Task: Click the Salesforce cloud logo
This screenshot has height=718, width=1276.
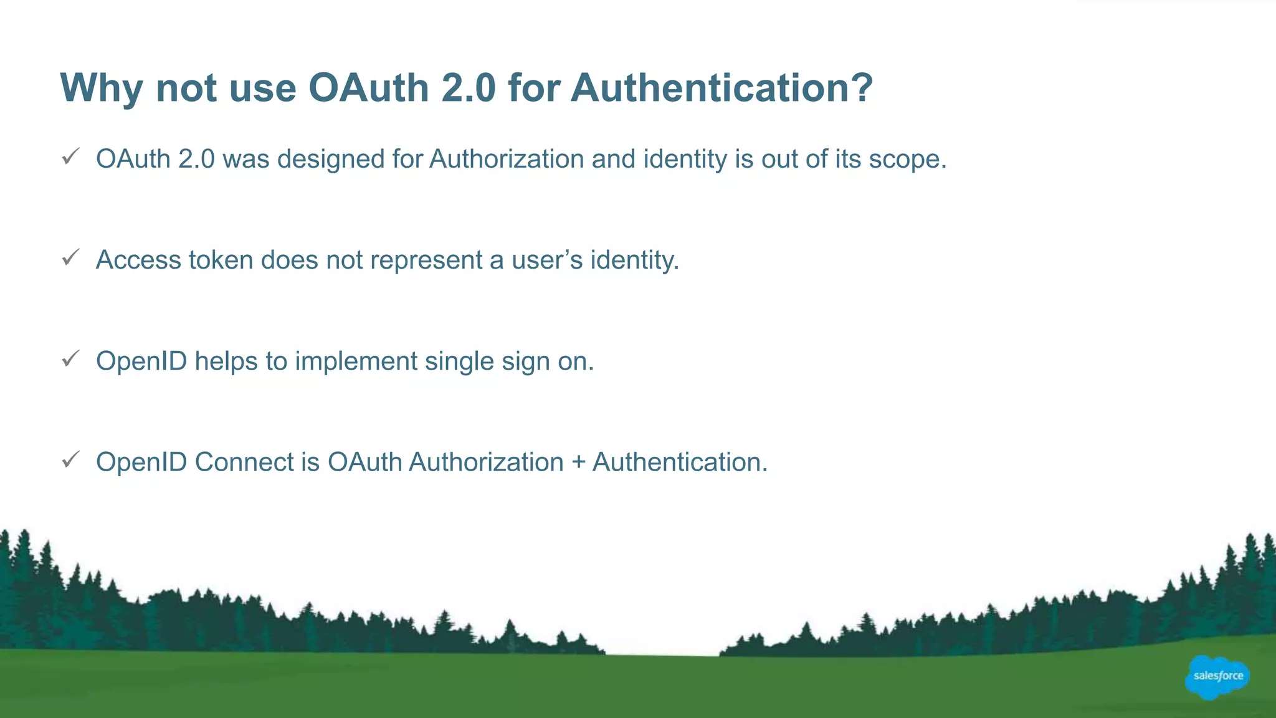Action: (1217, 677)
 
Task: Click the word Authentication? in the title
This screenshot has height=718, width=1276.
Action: (721, 88)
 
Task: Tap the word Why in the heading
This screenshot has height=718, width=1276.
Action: (101, 88)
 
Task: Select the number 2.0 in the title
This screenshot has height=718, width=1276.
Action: (468, 88)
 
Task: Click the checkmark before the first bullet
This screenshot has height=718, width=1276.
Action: (71, 156)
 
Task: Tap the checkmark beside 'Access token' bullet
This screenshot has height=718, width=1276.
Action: (71, 257)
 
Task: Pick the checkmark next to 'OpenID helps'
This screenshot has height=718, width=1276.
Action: (71, 358)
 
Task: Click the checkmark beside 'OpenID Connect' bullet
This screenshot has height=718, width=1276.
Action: (71, 460)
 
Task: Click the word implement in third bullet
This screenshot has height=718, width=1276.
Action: (356, 361)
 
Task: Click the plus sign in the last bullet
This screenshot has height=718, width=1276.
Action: (578, 463)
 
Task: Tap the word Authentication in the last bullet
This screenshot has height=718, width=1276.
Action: (679, 462)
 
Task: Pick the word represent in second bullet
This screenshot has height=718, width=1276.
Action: (426, 261)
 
